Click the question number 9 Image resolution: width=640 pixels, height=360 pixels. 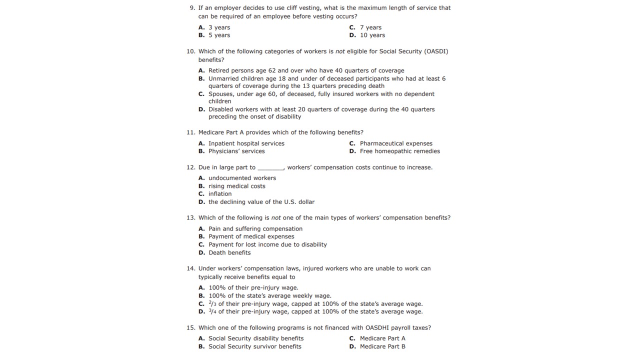192,8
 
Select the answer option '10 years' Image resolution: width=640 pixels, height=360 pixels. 372,35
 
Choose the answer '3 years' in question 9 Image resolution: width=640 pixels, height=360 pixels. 219,27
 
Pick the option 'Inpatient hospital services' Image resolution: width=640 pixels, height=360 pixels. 246,143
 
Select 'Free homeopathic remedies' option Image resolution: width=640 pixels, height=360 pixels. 399,151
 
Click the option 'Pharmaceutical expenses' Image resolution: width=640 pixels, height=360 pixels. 395,143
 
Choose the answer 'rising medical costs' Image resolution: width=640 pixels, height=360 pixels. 236,186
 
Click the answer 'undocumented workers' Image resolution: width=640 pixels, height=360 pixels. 242,178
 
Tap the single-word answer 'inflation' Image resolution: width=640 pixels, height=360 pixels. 220,194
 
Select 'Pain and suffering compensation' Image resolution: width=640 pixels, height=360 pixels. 255,229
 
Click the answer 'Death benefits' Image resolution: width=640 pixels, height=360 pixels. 229,253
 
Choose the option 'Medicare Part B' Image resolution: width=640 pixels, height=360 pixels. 382,346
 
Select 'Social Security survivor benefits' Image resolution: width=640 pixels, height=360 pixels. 254,346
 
